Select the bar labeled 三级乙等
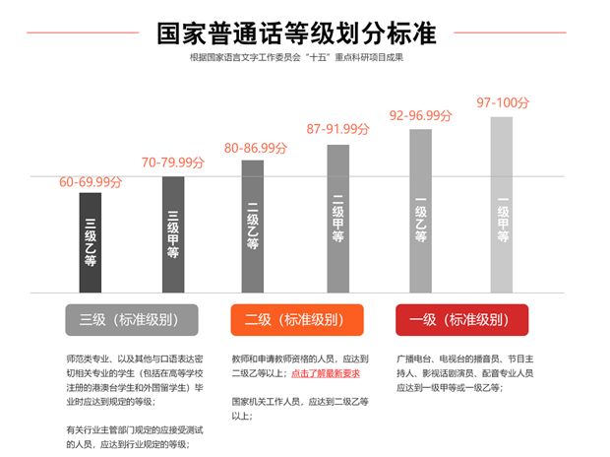pyautogui.click(x=91, y=242)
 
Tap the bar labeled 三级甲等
pyautogui.click(x=173, y=234)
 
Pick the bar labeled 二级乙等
pyautogui.click(x=253, y=226)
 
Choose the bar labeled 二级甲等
pyautogui.click(x=337, y=219)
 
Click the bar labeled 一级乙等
pyautogui.click(x=420, y=211)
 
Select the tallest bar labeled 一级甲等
pyautogui.click(x=502, y=205)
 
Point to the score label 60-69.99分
pyautogui.click(x=91, y=182)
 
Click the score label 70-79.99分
pyautogui.click(x=173, y=163)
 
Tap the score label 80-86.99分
pyautogui.click(x=256, y=148)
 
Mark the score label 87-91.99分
pyautogui.click(x=337, y=129)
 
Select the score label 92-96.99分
pyautogui.click(x=420, y=115)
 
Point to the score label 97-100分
pyautogui.click(x=502, y=102)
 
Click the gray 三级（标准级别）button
pyautogui.click(x=132, y=320)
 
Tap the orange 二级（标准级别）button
pyautogui.click(x=296, y=320)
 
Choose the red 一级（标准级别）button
pyautogui.click(x=461, y=320)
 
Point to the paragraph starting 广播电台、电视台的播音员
pyautogui.click(x=463, y=373)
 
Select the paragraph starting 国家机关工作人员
pyautogui.click(x=300, y=409)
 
